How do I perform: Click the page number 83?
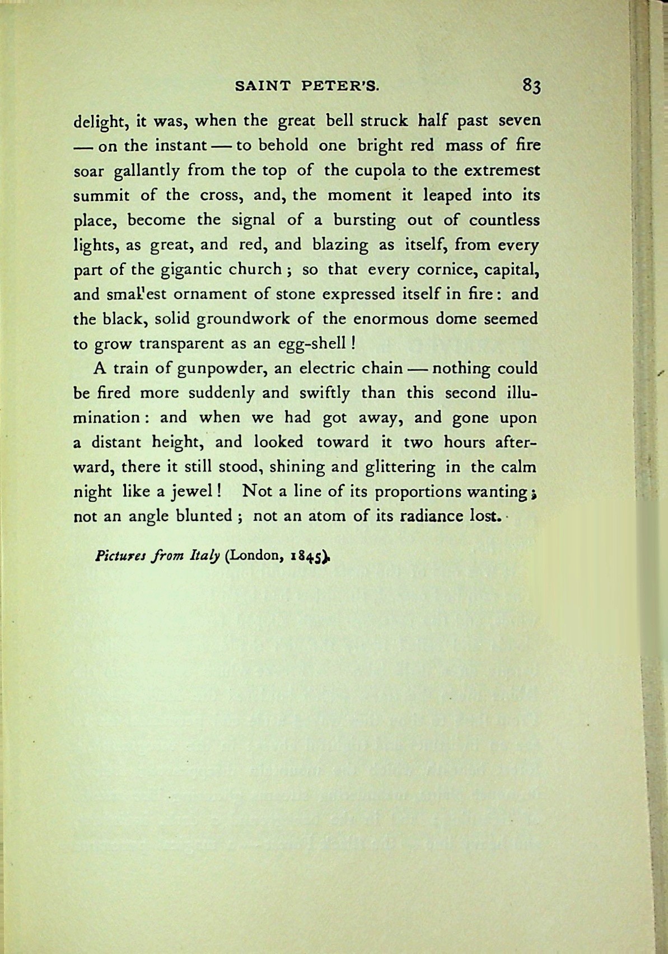pos(531,86)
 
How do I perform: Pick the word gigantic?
pos(193,269)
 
